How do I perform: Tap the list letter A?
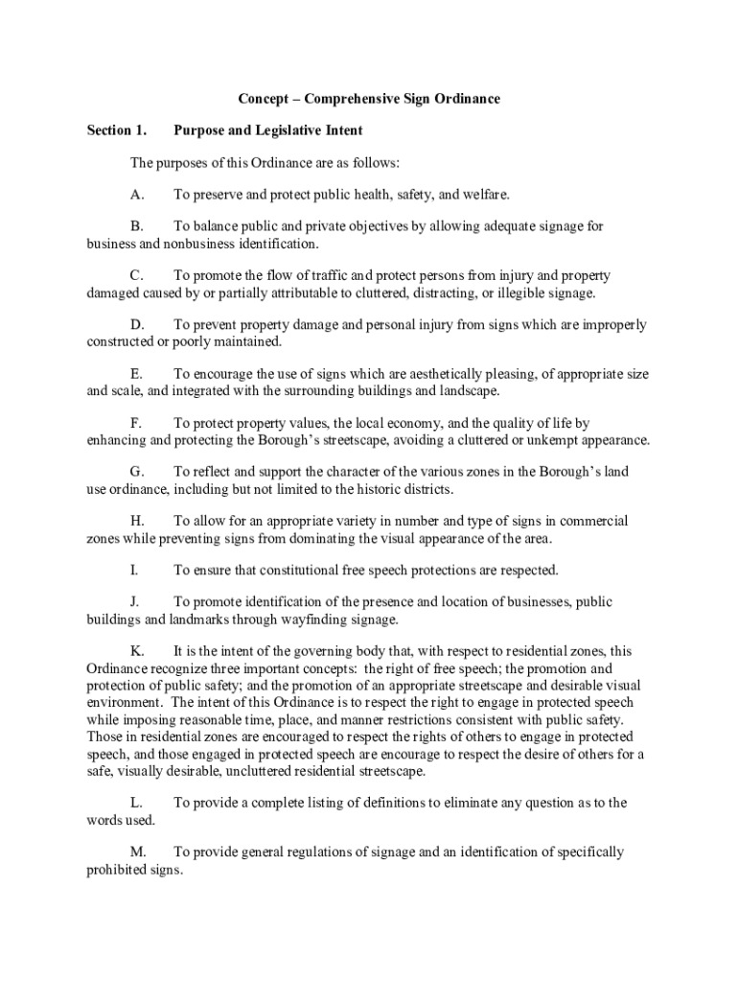click(138, 195)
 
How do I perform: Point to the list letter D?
click(138, 325)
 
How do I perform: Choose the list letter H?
click(138, 521)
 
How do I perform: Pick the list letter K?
click(138, 651)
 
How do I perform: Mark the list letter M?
click(139, 852)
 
